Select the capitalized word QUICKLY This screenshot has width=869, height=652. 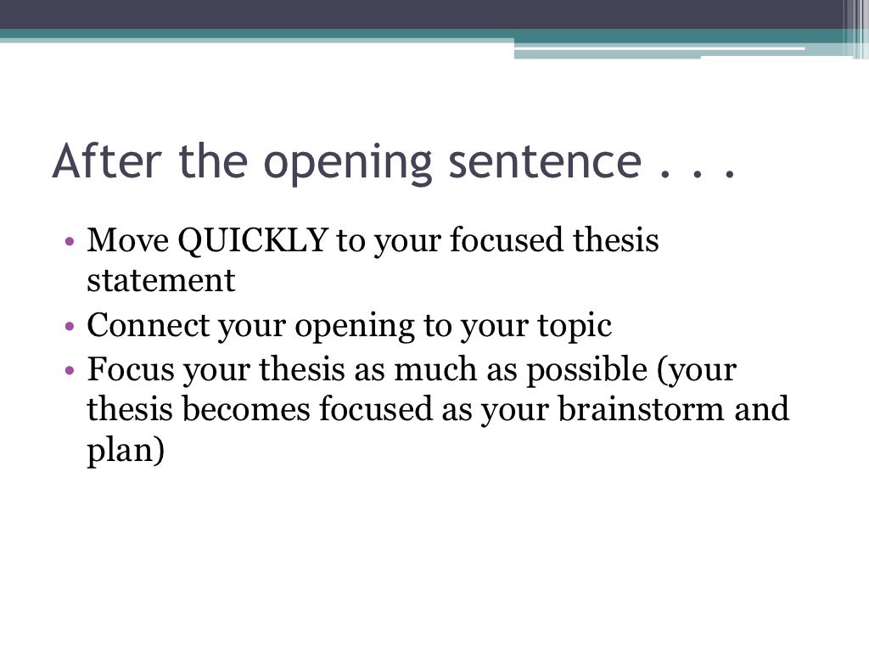[253, 241]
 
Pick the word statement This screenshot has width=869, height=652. [160, 281]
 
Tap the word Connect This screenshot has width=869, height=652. [146, 326]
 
